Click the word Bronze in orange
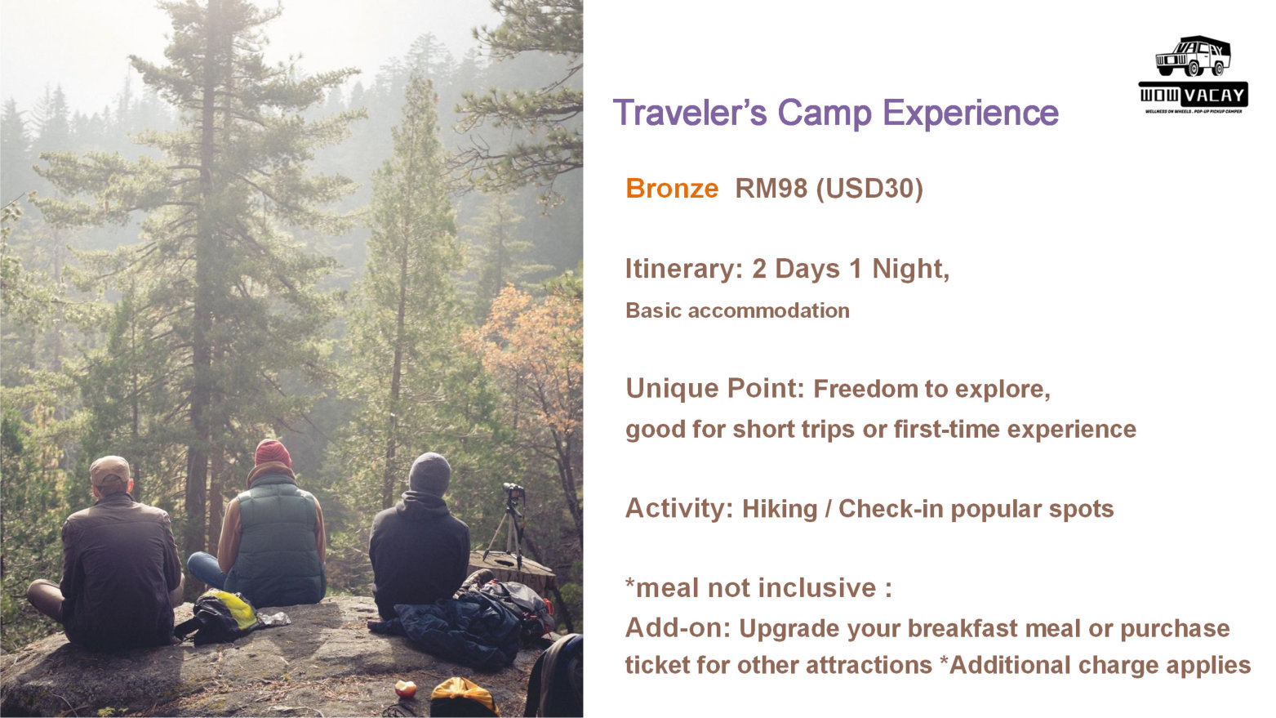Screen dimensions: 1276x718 (672, 189)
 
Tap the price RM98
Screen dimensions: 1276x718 (771, 189)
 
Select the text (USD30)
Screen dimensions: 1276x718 (869, 190)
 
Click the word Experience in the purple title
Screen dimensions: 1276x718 (971, 113)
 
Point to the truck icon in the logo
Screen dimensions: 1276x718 (1193, 56)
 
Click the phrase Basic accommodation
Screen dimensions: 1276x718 (738, 310)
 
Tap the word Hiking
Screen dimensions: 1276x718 (780, 510)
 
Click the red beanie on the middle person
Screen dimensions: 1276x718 (273, 453)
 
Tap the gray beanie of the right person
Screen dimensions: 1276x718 (430, 474)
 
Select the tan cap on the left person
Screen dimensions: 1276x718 (110, 470)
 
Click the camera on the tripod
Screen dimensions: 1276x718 (513, 489)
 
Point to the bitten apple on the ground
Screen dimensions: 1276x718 (405, 689)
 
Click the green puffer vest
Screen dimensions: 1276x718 (276, 542)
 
